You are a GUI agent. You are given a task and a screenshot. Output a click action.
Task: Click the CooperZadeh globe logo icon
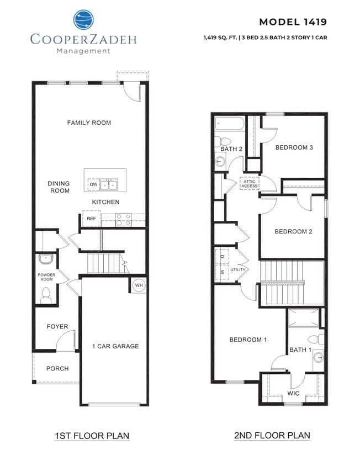84,20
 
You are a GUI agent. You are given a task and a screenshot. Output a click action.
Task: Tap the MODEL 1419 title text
293,22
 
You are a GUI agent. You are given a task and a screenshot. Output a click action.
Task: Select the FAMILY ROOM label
89,123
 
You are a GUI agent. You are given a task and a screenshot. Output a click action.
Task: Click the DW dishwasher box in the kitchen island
93,184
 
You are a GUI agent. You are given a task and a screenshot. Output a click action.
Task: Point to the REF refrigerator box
91,219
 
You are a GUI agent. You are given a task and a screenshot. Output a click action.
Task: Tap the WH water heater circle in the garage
139,285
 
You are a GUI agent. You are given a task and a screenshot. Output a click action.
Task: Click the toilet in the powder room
46,295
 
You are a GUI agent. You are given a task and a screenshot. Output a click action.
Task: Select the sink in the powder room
45,259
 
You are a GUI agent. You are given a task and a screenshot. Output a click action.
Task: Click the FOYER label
57,326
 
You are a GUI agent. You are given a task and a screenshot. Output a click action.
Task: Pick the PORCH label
57,368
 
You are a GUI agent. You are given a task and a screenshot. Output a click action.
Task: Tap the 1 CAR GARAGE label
115,346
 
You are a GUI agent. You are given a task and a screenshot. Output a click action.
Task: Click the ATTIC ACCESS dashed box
248,183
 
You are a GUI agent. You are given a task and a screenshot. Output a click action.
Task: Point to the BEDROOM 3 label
294,147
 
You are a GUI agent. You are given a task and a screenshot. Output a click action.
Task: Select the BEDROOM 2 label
294,231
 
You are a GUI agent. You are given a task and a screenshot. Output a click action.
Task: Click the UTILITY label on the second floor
238,270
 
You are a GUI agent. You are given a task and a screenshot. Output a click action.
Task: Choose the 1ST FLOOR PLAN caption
92,436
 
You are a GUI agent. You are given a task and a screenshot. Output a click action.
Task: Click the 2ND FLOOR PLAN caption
272,436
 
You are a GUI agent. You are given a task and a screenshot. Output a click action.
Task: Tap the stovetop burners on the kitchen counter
124,218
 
